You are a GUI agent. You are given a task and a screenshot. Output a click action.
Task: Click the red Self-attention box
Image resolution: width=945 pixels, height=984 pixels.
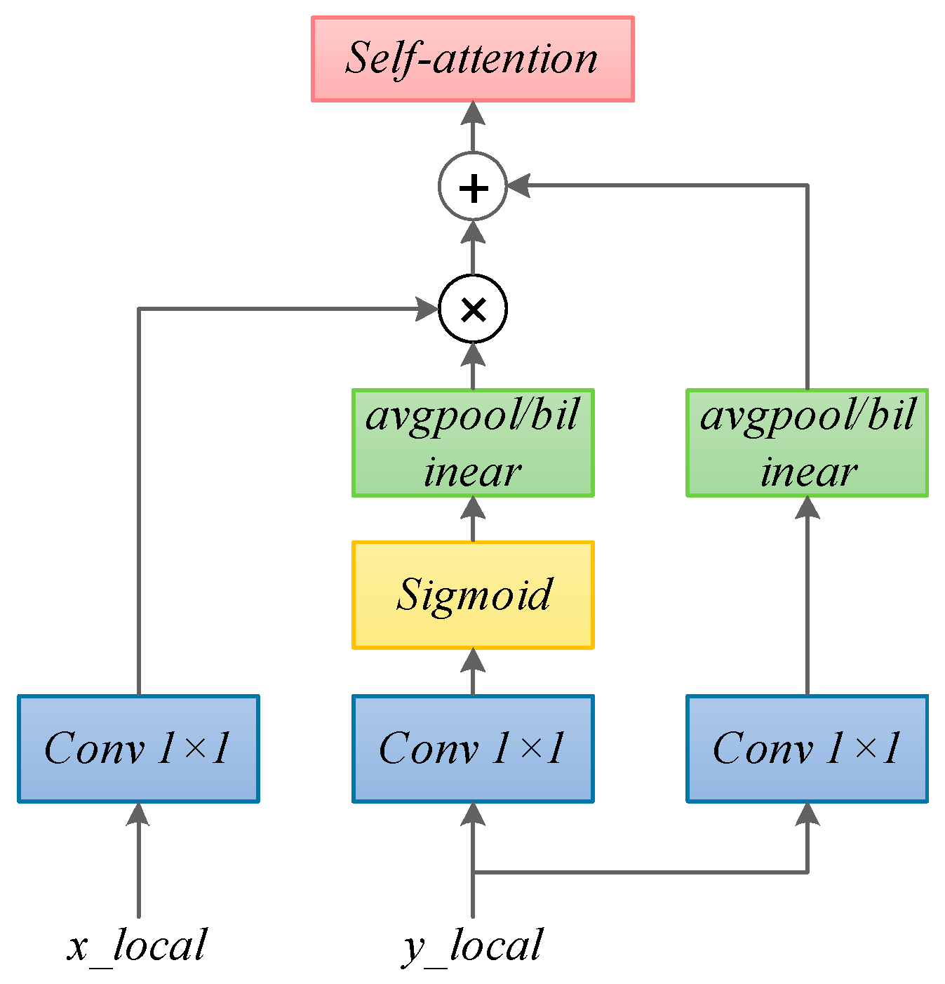[x=472, y=60]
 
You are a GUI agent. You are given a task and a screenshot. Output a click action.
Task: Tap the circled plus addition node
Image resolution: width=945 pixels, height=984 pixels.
[x=473, y=187]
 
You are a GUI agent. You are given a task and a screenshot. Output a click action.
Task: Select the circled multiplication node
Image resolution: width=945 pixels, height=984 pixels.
[x=473, y=310]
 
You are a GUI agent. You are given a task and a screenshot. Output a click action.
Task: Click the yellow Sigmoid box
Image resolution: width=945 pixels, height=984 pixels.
[x=473, y=594]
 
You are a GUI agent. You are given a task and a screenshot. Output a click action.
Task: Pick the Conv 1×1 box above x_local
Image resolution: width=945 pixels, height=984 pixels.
[x=138, y=748]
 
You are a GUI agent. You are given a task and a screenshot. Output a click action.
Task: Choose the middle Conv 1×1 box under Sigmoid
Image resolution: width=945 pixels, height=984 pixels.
[x=473, y=748]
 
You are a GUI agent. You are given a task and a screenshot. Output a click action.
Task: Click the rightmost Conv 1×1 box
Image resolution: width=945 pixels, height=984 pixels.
[x=807, y=748]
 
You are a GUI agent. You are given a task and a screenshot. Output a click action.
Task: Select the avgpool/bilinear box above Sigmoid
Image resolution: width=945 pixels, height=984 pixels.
[x=473, y=443]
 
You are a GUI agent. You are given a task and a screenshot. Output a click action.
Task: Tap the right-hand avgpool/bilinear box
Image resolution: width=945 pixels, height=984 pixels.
[x=807, y=443]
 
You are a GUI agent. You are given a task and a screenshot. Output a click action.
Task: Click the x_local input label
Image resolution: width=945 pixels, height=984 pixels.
[x=138, y=945]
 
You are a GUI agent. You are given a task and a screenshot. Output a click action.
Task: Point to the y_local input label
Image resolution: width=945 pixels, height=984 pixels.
[x=473, y=945]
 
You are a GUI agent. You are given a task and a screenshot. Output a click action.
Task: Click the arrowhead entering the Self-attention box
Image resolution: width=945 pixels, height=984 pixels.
[x=473, y=114]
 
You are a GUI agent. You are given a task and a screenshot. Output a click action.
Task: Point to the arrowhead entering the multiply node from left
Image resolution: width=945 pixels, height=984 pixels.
[x=427, y=309]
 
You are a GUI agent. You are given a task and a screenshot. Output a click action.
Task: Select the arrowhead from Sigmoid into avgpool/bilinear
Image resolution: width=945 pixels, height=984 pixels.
[x=473, y=508]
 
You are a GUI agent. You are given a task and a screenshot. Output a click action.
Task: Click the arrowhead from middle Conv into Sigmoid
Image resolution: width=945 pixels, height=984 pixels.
[x=473, y=660]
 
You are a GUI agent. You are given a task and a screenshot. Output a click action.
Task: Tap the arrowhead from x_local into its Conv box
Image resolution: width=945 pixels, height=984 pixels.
[x=138, y=814]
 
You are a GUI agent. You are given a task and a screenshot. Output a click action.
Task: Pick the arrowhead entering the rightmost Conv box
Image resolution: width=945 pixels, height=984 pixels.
[x=807, y=814]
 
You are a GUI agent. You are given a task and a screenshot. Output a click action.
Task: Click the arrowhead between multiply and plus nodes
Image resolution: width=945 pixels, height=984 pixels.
[x=473, y=232]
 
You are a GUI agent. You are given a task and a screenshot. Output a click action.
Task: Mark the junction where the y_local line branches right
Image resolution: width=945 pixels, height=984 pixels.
[x=473, y=872]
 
